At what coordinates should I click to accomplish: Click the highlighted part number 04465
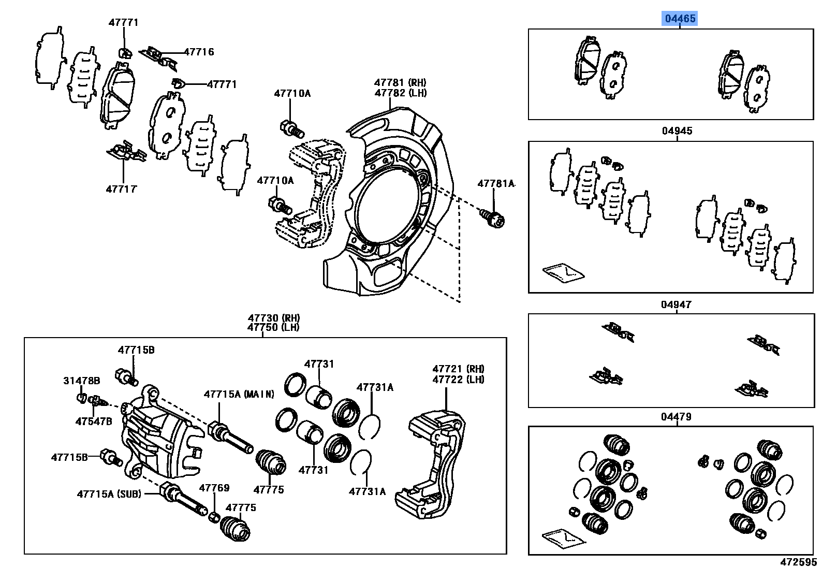click(680, 19)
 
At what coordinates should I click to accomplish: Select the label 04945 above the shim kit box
click(677, 131)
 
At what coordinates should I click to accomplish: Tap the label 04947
click(676, 304)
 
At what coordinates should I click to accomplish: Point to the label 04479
click(676, 417)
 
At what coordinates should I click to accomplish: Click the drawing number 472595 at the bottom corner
click(798, 561)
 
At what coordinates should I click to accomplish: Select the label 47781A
click(496, 183)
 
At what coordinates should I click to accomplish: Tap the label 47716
click(199, 52)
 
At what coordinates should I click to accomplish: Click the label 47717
click(121, 189)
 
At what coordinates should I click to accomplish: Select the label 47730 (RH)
click(273, 318)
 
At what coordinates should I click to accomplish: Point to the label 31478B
click(81, 381)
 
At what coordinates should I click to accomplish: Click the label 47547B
click(94, 421)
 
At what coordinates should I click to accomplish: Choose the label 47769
click(214, 488)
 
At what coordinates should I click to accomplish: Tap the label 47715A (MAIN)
click(239, 394)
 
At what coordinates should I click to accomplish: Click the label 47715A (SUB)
click(109, 494)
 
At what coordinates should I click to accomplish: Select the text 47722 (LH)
click(458, 379)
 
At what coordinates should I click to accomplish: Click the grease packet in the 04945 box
click(563, 272)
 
